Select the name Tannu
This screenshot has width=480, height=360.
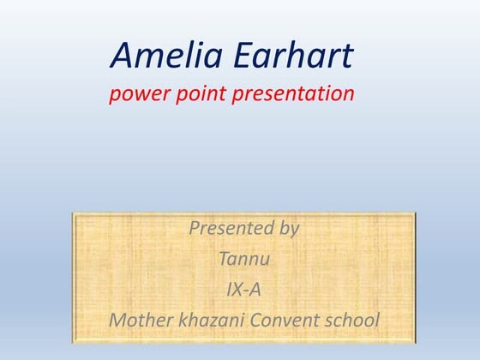pyautogui.click(x=243, y=260)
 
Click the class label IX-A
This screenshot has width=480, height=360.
pyautogui.click(x=243, y=290)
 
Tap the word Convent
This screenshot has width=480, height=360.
pyautogui.click(x=286, y=321)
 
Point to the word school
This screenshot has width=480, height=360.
pyautogui.click(x=352, y=321)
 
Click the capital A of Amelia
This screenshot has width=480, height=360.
pyautogui.click(x=123, y=57)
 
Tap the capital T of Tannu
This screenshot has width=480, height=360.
pyautogui.click(x=224, y=260)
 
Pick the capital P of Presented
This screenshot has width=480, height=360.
pyautogui.click(x=194, y=229)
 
